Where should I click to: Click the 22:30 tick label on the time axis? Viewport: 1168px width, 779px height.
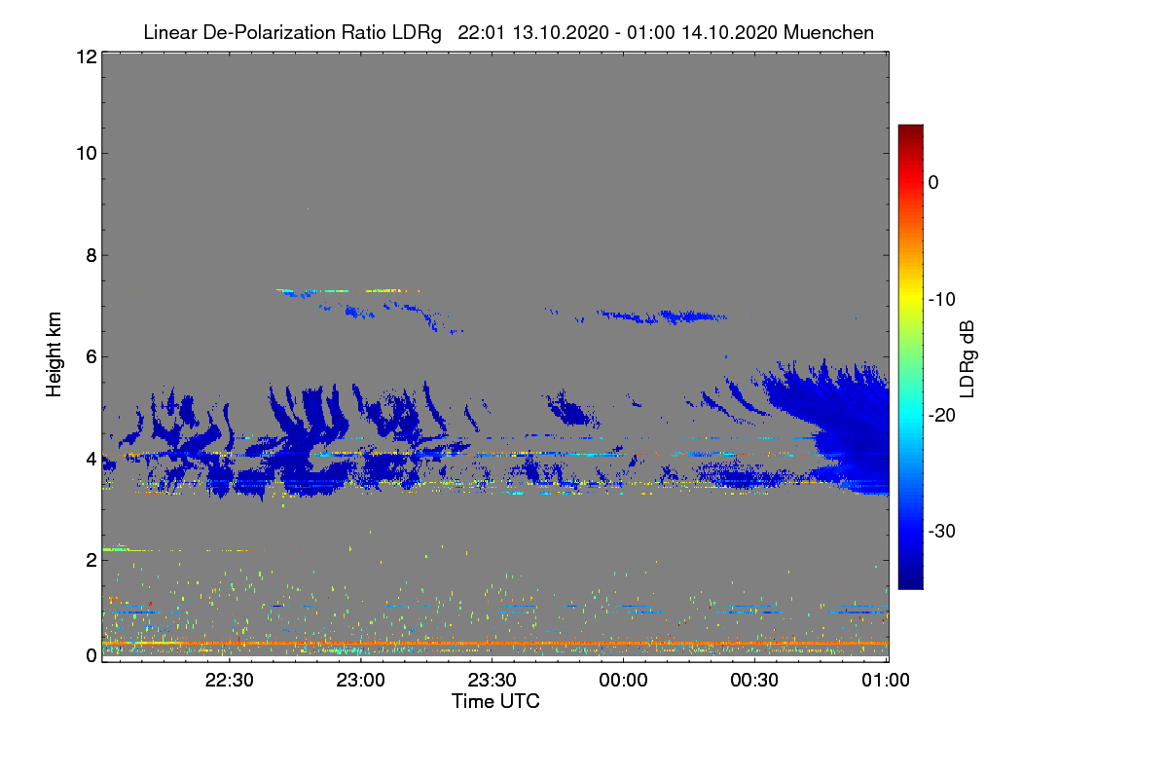(x=229, y=680)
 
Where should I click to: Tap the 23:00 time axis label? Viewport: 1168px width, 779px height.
(x=360, y=680)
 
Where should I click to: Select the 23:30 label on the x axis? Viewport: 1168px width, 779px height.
(x=492, y=680)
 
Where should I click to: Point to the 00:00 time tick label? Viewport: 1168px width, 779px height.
(x=623, y=680)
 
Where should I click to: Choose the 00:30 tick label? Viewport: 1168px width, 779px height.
(x=754, y=680)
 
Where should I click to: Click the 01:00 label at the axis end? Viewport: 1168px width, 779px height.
(x=886, y=680)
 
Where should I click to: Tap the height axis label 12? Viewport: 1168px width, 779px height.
(x=87, y=56)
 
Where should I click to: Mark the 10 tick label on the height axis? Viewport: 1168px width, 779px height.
(x=87, y=154)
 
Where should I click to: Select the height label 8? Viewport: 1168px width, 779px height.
(x=91, y=255)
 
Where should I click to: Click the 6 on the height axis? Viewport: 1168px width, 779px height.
(x=91, y=357)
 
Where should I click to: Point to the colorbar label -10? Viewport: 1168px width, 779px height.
(x=942, y=300)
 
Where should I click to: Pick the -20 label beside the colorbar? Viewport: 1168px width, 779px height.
(x=942, y=416)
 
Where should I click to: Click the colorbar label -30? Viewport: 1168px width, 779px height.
(x=942, y=531)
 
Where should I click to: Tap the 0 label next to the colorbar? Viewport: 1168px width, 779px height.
(x=933, y=183)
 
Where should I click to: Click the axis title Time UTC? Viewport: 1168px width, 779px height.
(x=495, y=701)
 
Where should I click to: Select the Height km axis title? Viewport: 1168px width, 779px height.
(x=54, y=354)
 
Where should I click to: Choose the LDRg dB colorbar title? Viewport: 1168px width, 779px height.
(x=967, y=359)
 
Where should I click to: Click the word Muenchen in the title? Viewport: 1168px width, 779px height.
(x=828, y=32)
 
